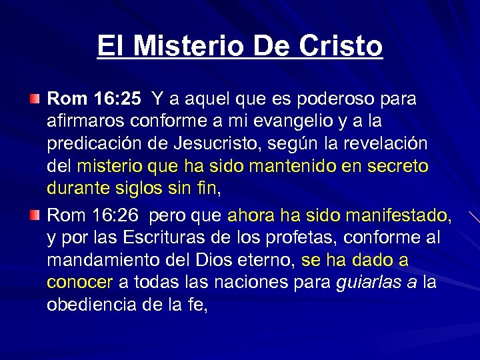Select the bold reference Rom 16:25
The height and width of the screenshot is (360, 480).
94,99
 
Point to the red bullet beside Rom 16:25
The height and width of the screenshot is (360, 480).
35,99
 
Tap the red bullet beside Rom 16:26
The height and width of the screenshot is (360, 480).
35,216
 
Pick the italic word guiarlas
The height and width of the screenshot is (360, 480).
368,283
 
